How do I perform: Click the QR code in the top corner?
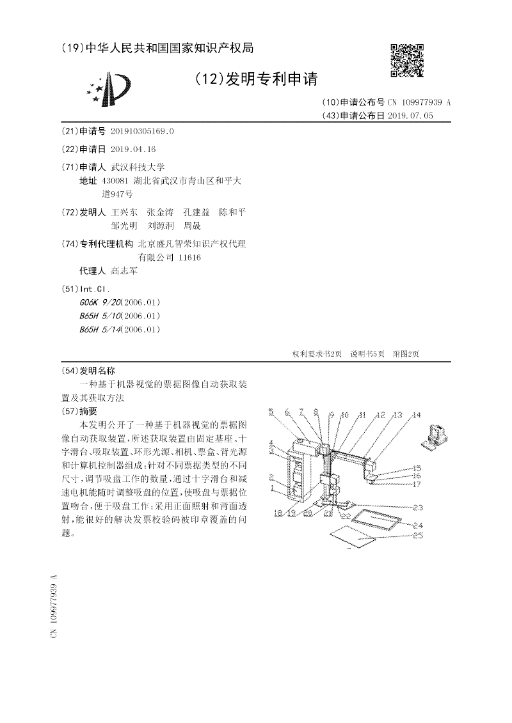click(406, 60)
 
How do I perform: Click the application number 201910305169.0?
click(142, 131)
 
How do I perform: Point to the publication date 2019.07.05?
click(415, 116)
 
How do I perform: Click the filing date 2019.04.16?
click(133, 150)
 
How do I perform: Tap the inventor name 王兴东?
click(124, 212)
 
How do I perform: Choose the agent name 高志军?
click(124, 271)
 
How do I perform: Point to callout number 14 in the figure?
click(417, 416)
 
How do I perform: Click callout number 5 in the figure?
click(271, 412)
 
